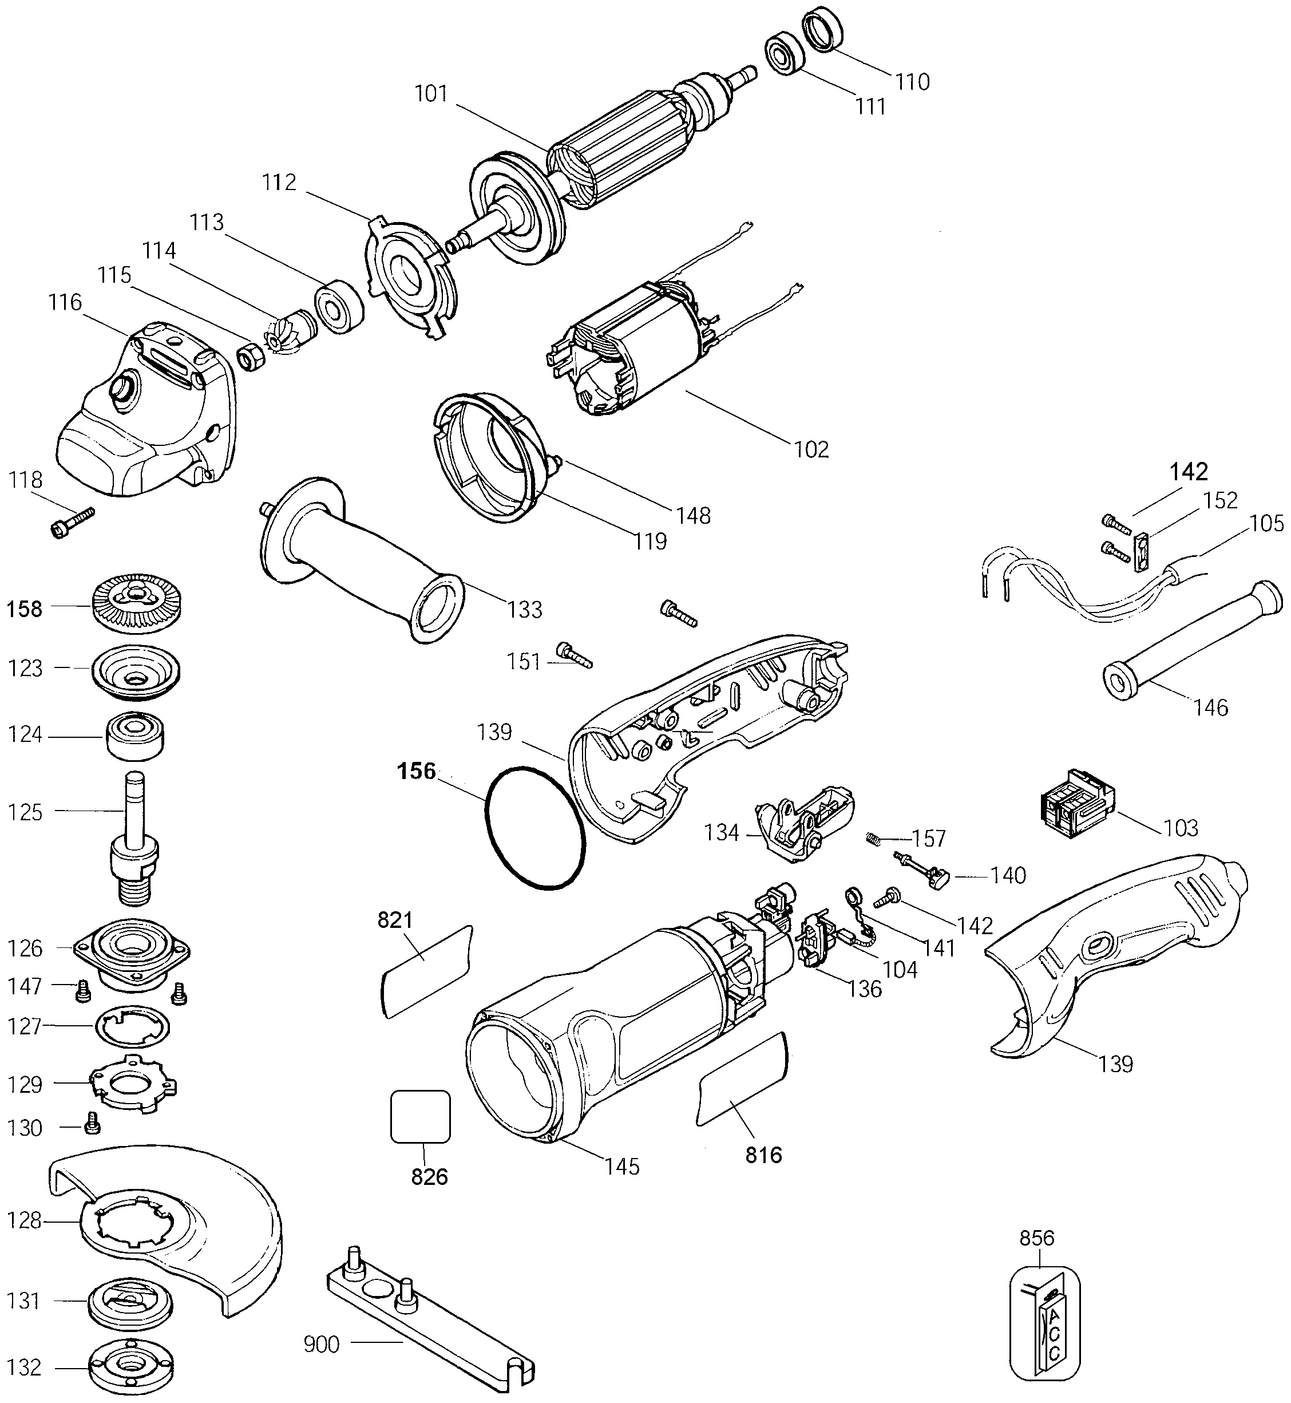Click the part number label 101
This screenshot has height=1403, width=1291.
pos(431,94)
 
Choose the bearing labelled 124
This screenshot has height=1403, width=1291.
pos(136,734)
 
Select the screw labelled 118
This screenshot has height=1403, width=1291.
pos(73,523)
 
